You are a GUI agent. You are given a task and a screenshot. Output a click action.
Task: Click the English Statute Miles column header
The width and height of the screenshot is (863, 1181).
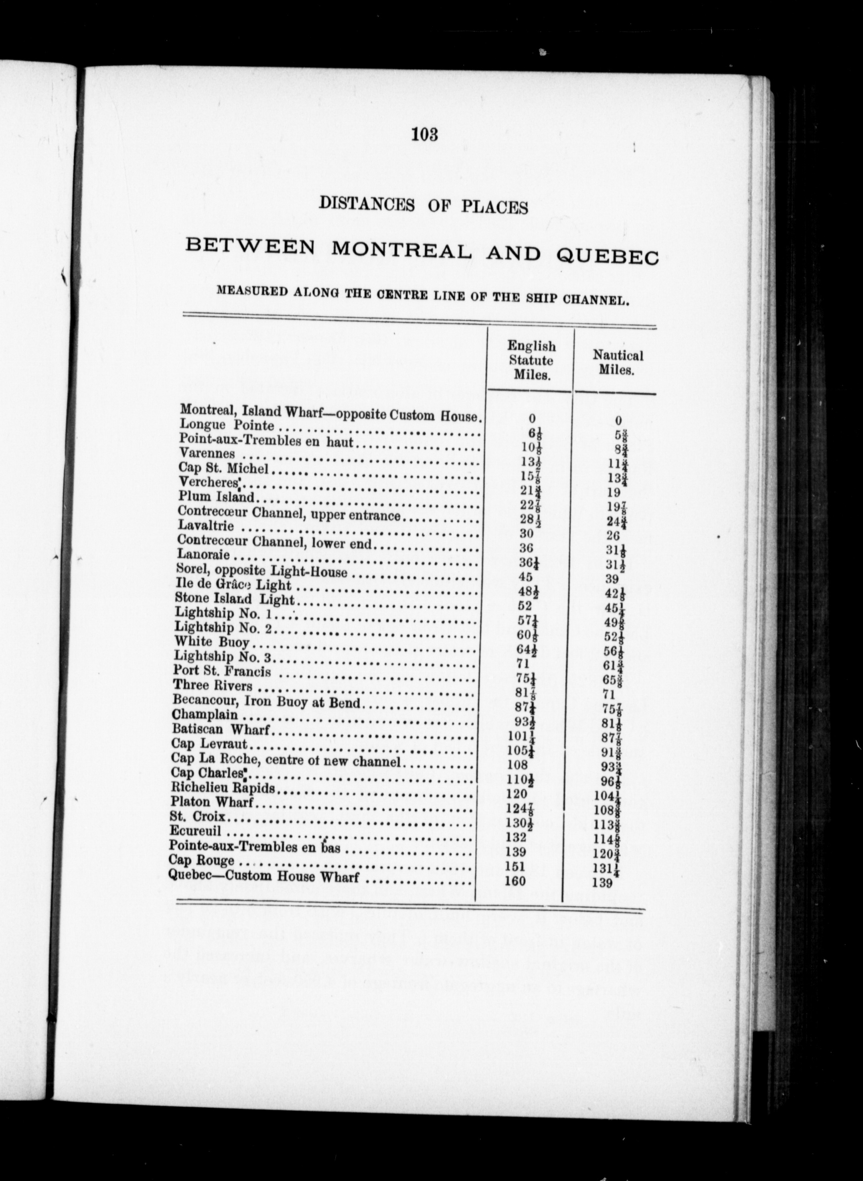click(531, 360)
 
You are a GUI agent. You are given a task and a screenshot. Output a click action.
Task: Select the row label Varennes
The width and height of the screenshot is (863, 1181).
click(207, 453)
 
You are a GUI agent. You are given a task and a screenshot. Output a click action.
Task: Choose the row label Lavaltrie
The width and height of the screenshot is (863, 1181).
click(206, 525)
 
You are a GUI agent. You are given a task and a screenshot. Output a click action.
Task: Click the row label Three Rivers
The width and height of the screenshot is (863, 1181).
click(213, 685)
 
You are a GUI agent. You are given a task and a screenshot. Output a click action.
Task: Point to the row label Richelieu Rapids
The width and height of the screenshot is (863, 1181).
click(223, 787)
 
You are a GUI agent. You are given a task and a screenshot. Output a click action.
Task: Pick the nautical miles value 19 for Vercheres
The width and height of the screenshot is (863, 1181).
click(614, 492)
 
